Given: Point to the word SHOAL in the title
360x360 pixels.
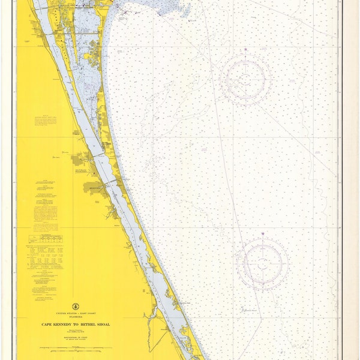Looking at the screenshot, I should point(103,324).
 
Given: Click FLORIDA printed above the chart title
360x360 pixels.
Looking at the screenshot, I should point(76,316).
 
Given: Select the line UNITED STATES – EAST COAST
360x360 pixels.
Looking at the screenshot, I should point(76,313).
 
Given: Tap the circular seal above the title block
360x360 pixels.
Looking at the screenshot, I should point(76,306).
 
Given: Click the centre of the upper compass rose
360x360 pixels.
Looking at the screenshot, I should point(245,79).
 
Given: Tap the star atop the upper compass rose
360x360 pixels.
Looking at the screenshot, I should point(245,49).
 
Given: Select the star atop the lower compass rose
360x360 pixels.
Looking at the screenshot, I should point(262,233).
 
